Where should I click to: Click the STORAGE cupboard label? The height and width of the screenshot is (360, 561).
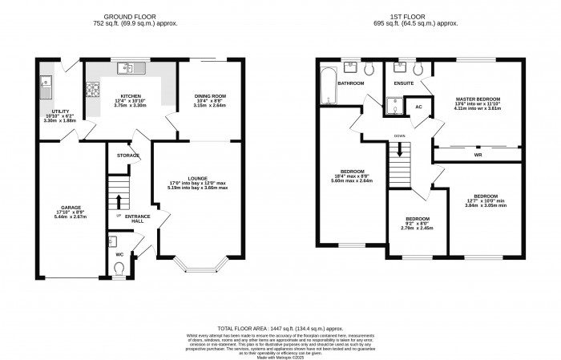coord(127,155)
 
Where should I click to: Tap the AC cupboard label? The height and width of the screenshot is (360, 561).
coord(418,106)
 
